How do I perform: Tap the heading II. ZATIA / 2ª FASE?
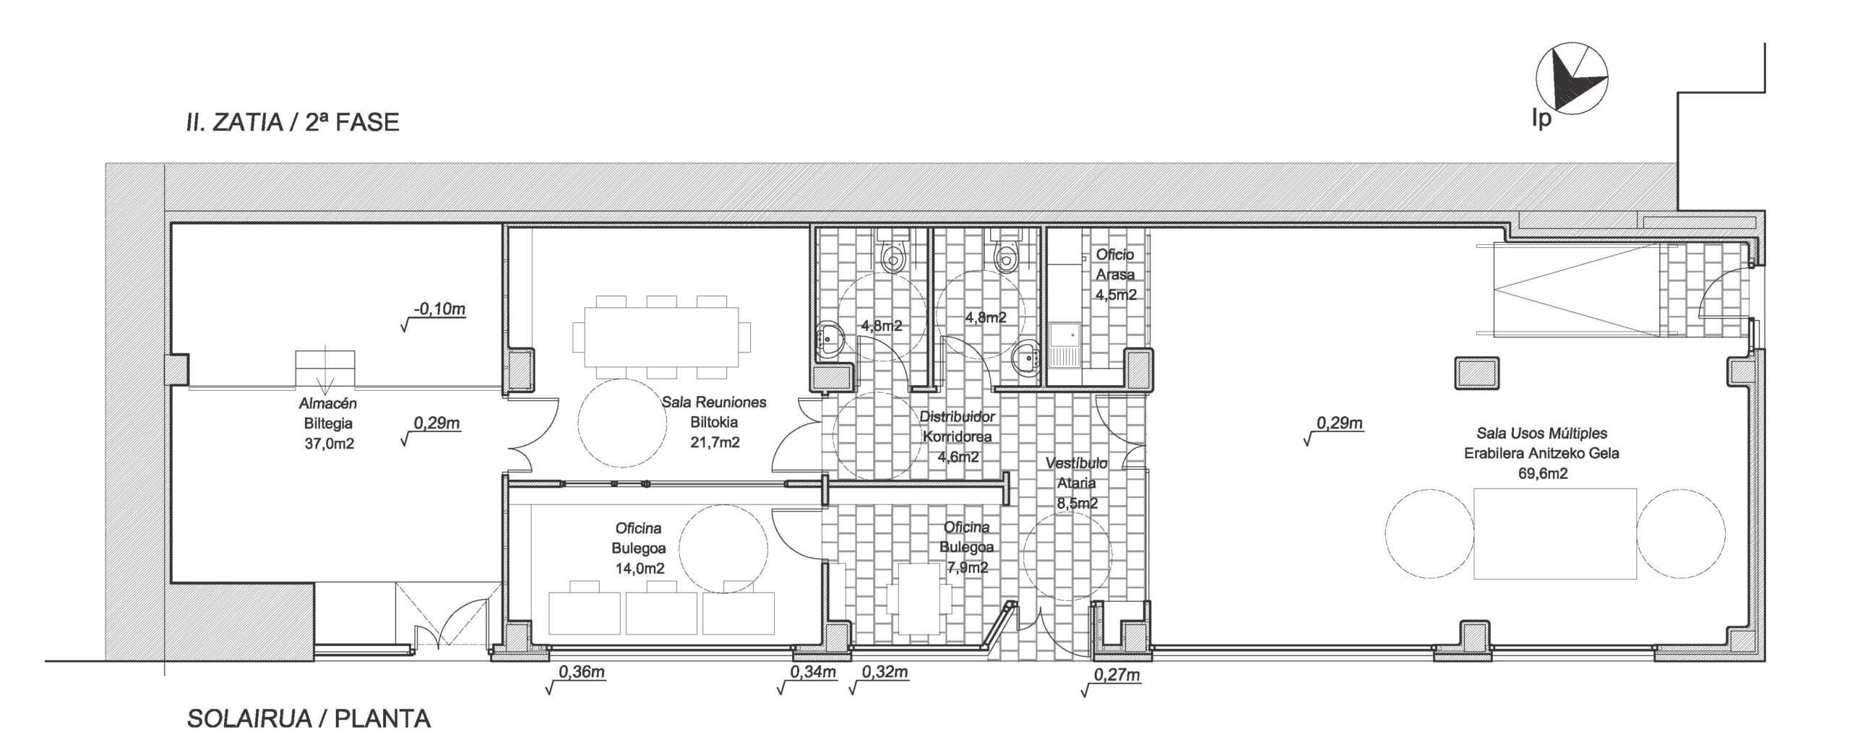(x=292, y=122)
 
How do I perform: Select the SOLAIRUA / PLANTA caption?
(x=309, y=719)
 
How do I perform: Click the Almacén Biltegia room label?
(x=329, y=414)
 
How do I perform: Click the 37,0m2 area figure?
(x=330, y=444)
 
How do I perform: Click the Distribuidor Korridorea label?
(x=957, y=427)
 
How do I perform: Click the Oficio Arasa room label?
(x=1115, y=264)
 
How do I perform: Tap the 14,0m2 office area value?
(x=640, y=569)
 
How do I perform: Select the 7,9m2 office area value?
(x=966, y=567)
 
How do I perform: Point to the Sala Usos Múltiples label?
(x=1541, y=434)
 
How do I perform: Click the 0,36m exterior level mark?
(x=581, y=673)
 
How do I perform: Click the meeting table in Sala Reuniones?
(x=661, y=336)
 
